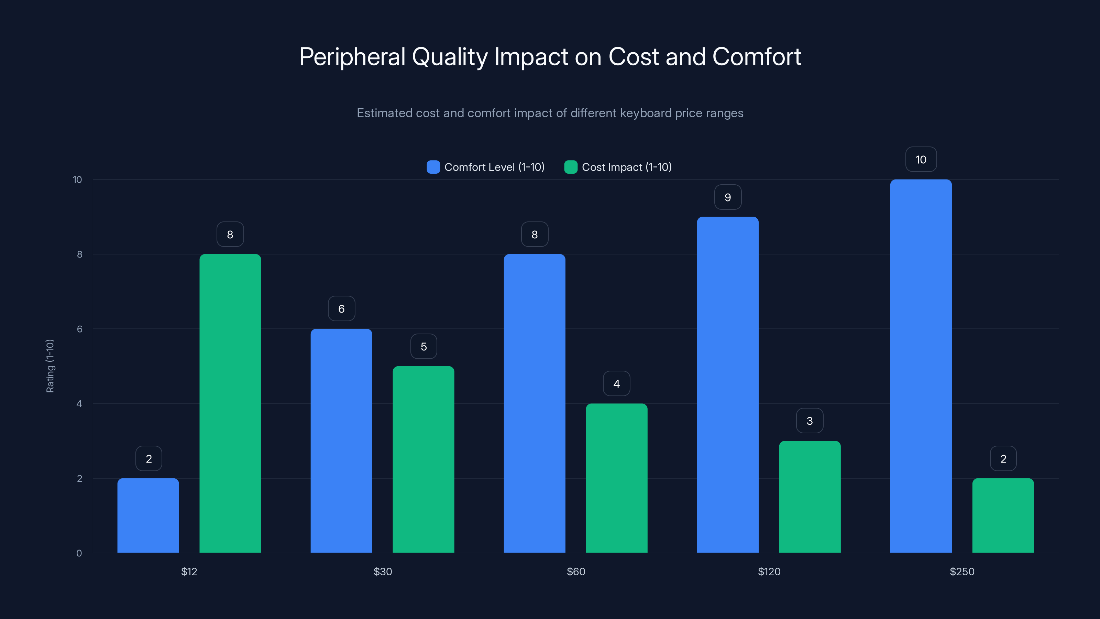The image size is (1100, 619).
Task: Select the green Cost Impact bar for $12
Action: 230,403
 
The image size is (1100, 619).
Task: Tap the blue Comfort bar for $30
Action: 341,441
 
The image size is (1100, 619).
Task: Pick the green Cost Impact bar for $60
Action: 616,478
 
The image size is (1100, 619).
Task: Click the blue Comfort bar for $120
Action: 728,384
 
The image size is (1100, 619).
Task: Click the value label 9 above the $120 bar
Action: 728,197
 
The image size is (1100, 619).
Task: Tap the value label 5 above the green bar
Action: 423,346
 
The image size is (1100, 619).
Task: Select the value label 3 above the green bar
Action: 810,421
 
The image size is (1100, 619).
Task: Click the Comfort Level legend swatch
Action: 433,167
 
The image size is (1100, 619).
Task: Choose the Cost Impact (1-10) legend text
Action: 626,167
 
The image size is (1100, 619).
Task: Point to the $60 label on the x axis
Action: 576,572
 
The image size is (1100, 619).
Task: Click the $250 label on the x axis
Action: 962,572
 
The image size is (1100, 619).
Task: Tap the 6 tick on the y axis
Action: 79,329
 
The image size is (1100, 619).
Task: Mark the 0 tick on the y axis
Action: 79,553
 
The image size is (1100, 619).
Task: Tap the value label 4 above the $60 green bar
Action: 616,384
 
